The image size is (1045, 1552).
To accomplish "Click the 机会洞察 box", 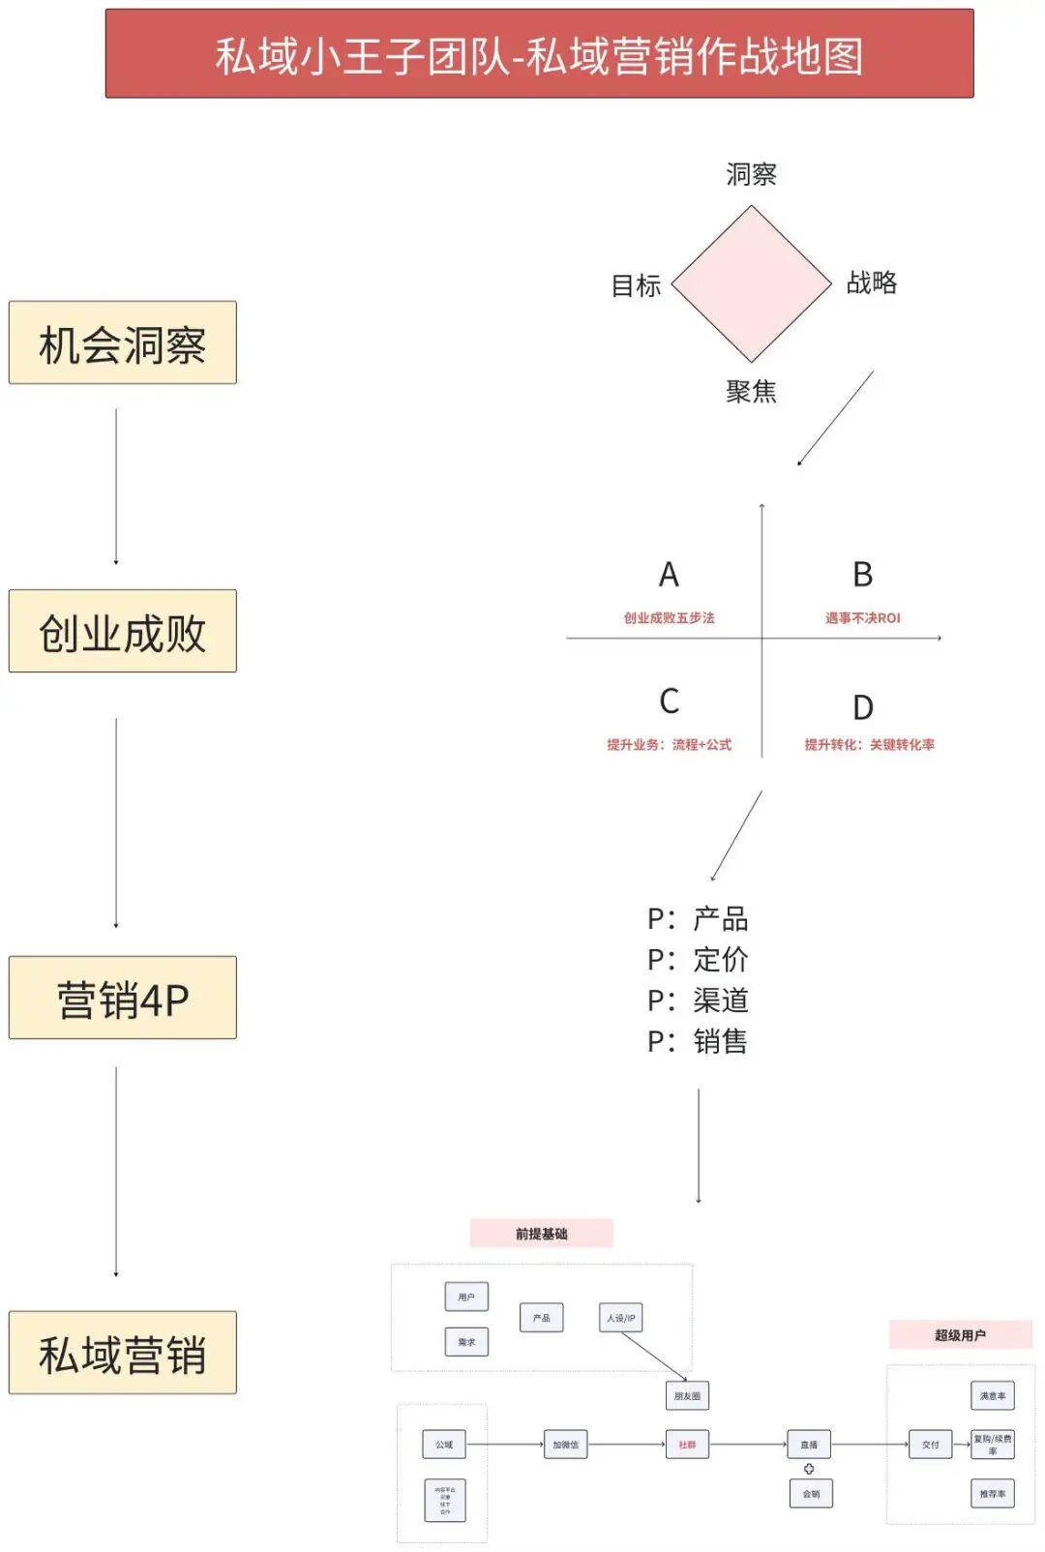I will tap(123, 343).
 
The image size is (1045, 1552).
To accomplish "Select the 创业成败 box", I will tap(123, 631).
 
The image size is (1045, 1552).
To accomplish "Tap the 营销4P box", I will tap(123, 998).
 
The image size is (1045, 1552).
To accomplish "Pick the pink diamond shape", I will tap(751, 284).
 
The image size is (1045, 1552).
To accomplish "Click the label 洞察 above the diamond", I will tap(751, 174).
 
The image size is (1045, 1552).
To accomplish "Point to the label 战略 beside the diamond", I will tap(871, 283).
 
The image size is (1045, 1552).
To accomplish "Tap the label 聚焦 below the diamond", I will tap(751, 391).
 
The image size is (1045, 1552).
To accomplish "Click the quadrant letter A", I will tap(669, 575).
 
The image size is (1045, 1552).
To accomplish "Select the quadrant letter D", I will tap(862, 707).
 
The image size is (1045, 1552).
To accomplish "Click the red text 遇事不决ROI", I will tap(862, 618).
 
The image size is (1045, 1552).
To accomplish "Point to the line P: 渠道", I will tap(698, 1000).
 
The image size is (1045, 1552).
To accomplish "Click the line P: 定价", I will tap(698, 960).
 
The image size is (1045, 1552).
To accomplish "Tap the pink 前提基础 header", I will tap(542, 1234).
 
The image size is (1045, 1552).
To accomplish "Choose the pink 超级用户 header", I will tap(960, 1335).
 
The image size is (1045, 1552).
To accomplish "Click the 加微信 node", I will tap(566, 1445).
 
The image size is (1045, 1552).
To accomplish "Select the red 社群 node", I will tap(687, 1445).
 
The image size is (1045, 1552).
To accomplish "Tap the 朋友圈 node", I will tap(687, 1395).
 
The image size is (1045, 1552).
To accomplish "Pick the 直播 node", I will tap(809, 1445).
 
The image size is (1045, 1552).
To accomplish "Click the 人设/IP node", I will tap(621, 1318).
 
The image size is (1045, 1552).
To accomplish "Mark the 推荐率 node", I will tap(993, 1494).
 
